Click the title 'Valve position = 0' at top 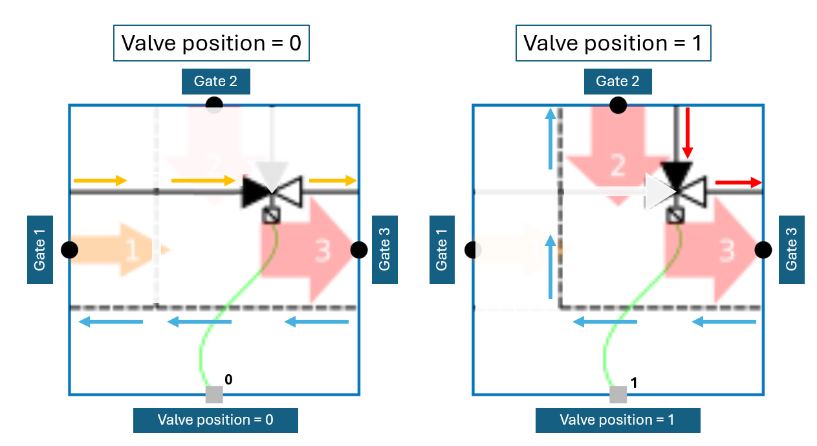click(212, 43)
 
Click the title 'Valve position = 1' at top click(613, 43)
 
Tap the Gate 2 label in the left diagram click(215, 82)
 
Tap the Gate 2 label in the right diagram click(618, 82)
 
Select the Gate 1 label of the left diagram click(40, 249)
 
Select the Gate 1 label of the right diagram click(442, 249)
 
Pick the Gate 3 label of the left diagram click(385, 249)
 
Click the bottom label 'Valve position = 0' click(215, 419)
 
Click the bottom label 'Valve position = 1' click(618, 419)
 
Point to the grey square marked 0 click(214, 394)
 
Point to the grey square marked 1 click(618, 394)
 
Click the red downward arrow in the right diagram click(688, 133)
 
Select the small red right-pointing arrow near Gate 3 click(738, 183)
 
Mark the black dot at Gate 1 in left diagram click(70, 249)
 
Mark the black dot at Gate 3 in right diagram click(763, 249)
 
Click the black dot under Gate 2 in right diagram click(618, 105)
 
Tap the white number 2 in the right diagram click(618, 166)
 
